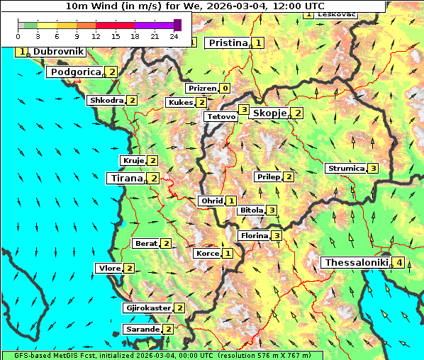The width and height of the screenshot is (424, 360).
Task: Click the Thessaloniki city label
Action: tap(356, 262)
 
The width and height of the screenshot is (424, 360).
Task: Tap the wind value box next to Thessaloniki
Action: tap(399, 263)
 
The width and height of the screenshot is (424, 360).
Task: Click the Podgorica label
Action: tap(76, 72)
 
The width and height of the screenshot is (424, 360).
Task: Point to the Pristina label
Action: tap(228, 43)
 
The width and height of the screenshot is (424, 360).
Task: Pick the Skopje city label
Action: tap(269, 113)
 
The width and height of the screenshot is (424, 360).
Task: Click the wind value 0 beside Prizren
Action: tap(225, 89)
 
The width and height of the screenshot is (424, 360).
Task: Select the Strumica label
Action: tap(345, 169)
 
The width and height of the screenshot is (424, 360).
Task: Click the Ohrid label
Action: tap(212, 201)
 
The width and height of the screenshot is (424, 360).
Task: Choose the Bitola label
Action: tap(251, 210)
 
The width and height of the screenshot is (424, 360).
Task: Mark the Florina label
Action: tap(254, 235)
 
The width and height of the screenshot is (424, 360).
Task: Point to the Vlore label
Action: tap(109, 268)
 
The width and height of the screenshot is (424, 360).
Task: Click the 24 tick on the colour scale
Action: tap(174, 35)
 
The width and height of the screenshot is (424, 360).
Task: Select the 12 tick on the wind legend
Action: tap(96, 35)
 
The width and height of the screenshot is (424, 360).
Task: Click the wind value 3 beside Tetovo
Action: tap(244, 110)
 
